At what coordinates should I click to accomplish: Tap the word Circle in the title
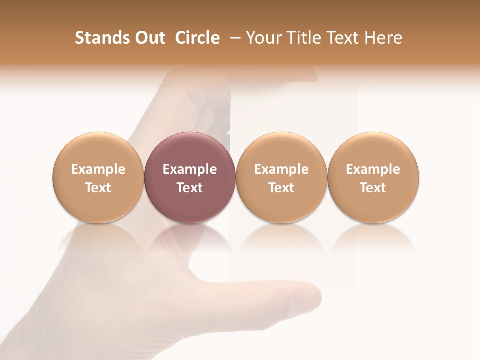coord(197,38)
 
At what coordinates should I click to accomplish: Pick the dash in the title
coord(234,38)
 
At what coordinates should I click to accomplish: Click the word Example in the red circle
coord(190,169)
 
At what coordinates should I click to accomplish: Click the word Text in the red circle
coord(190,188)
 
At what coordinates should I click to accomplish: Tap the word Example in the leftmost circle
coord(98,169)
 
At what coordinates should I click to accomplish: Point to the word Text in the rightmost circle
coord(373,188)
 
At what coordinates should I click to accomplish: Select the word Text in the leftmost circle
coord(98,188)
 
